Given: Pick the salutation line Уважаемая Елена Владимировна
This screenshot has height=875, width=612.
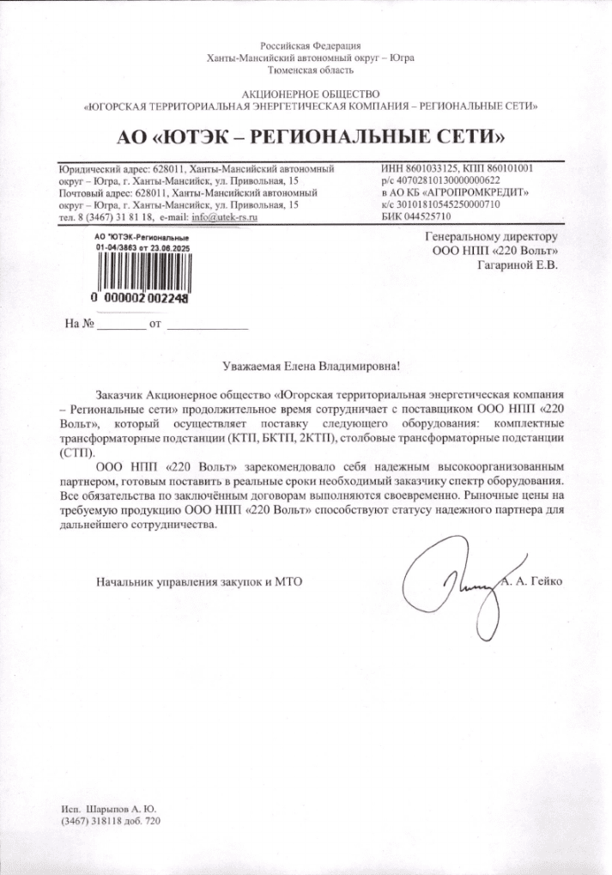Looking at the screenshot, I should [310, 367].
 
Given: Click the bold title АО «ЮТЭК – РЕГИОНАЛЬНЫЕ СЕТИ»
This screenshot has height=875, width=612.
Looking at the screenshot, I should [310, 137].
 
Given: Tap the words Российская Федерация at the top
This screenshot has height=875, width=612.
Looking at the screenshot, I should [310, 45].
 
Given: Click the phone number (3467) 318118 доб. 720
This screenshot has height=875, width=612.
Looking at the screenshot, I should [111, 822].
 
